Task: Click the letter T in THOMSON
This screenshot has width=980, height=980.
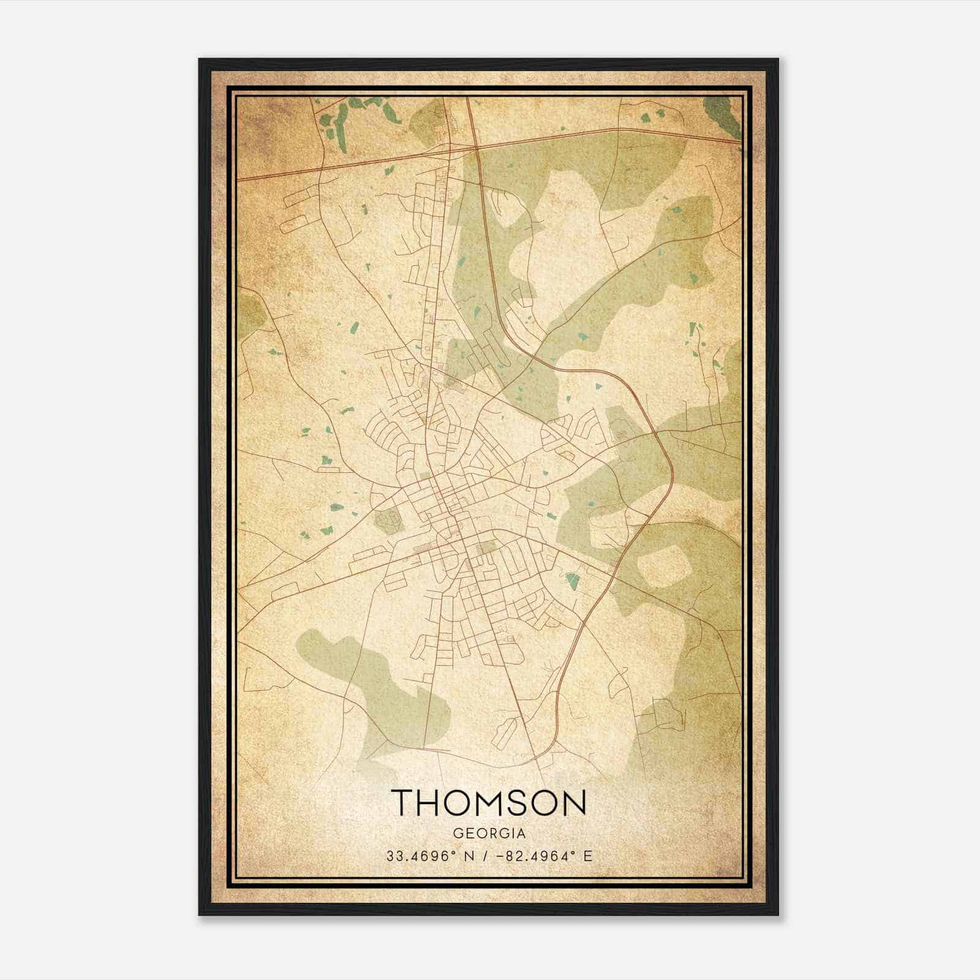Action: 405,802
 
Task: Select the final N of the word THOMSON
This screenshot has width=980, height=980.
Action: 574,802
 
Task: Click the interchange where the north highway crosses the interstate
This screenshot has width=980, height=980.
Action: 475,147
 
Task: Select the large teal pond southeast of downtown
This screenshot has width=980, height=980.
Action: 572,581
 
